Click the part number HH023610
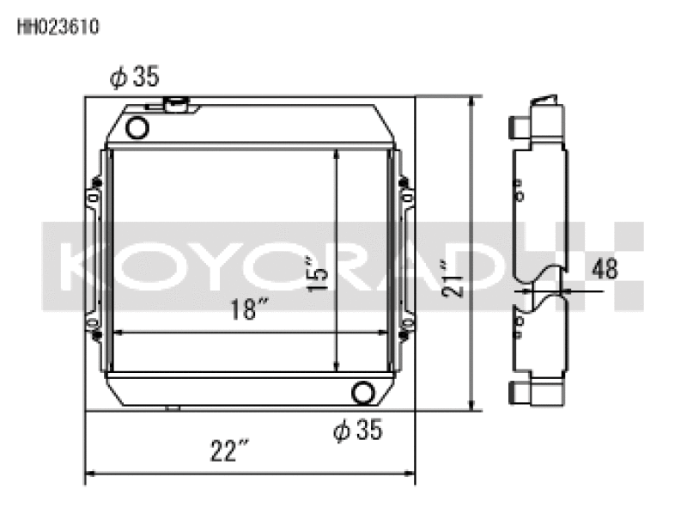(58, 27)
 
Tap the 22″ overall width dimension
(229, 450)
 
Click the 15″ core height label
(318, 274)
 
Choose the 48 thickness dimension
(605, 269)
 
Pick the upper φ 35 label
(135, 77)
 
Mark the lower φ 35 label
(357, 429)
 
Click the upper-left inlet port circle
(137, 129)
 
